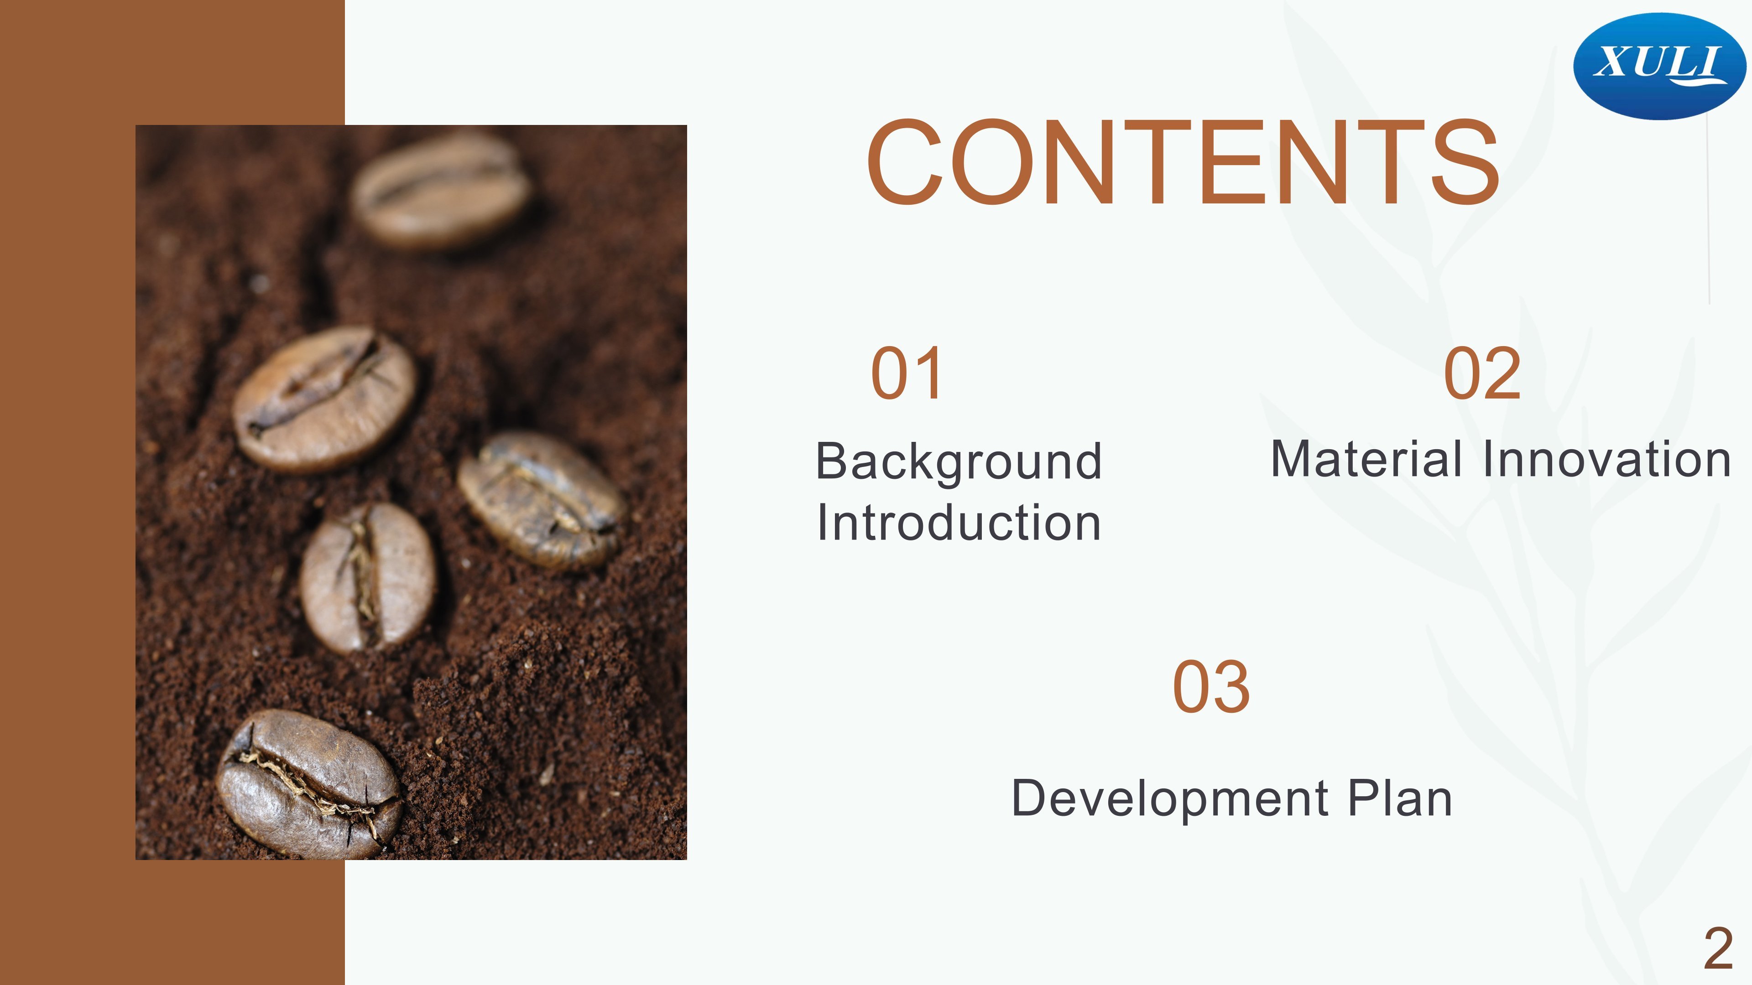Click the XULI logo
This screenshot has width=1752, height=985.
(x=1659, y=66)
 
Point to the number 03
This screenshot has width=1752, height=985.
(x=1211, y=687)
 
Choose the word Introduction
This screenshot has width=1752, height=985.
(x=959, y=522)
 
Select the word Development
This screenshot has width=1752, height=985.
(x=1170, y=799)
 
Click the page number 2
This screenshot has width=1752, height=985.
(x=1718, y=949)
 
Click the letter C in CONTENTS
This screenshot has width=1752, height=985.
(x=905, y=162)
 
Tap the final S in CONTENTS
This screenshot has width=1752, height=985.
(x=1465, y=162)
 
